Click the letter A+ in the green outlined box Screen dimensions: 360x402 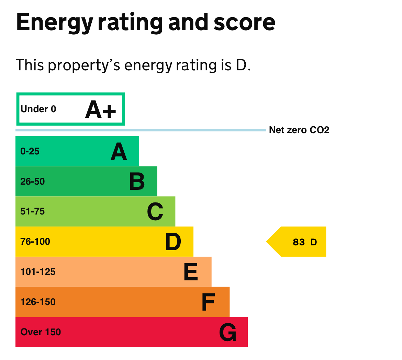coord(101,110)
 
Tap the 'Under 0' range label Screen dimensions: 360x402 coord(38,109)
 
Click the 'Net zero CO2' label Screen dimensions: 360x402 coord(299,130)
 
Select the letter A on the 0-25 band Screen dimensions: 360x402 coord(119,152)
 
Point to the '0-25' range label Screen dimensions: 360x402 coord(30,151)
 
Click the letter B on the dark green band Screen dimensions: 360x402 coord(137,182)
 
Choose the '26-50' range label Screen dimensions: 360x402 coord(33,182)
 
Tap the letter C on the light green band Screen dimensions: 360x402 coord(155,212)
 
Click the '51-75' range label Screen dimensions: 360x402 coord(33,211)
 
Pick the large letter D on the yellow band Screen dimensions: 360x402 coord(173,242)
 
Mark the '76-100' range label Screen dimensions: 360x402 coord(35,242)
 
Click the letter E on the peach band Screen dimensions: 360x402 coord(191,272)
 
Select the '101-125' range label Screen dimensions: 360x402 coord(38,272)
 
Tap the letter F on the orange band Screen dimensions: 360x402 coord(208,302)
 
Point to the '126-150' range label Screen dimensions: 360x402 coord(38,302)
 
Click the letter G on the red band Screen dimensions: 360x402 coord(227,332)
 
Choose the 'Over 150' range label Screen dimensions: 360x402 coord(41,332)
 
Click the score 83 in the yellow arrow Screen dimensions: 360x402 coord(299,242)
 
